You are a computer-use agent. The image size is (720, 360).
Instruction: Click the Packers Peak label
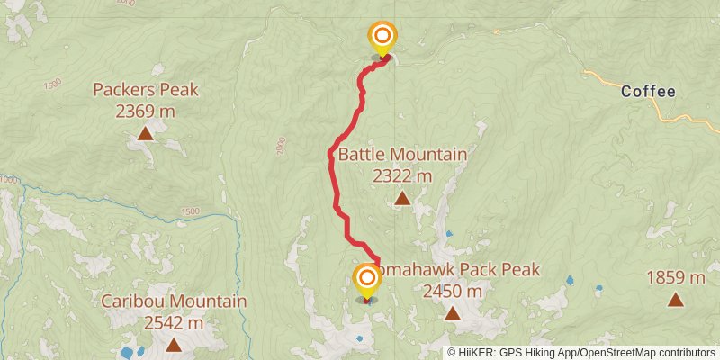146,90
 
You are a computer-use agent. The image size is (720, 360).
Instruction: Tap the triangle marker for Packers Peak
146,135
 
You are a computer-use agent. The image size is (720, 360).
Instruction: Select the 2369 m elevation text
146,112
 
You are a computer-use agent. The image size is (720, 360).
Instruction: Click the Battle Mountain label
402,155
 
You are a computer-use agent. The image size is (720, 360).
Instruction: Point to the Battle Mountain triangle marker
402,198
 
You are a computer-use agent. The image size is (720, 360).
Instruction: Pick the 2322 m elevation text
402,176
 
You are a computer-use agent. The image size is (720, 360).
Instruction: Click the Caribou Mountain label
174,301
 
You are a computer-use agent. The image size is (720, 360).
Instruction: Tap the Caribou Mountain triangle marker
173,344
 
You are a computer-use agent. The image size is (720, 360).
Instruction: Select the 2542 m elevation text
174,322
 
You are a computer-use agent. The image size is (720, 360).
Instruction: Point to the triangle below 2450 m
453,313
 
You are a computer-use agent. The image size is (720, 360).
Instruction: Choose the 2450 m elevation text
453,292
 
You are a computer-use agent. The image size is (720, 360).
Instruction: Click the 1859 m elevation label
676,278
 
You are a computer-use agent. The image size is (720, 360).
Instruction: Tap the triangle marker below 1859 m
676,300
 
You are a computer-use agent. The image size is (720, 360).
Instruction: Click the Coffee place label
648,91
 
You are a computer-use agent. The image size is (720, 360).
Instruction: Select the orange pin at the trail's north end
382,38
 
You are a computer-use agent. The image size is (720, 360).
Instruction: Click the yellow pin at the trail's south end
367,280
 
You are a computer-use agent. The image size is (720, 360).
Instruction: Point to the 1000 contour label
8,181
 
